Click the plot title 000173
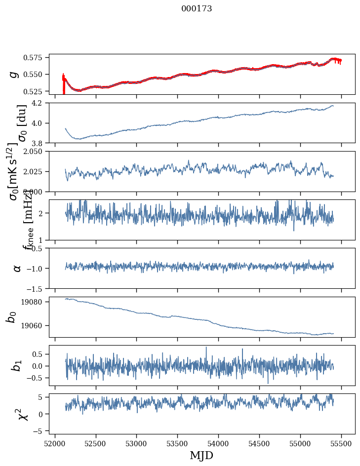(197, 9)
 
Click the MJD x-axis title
(201, 455)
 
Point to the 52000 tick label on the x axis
(55, 443)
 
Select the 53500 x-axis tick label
(178, 443)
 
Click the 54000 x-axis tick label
(219, 443)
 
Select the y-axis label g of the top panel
(14, 74)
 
